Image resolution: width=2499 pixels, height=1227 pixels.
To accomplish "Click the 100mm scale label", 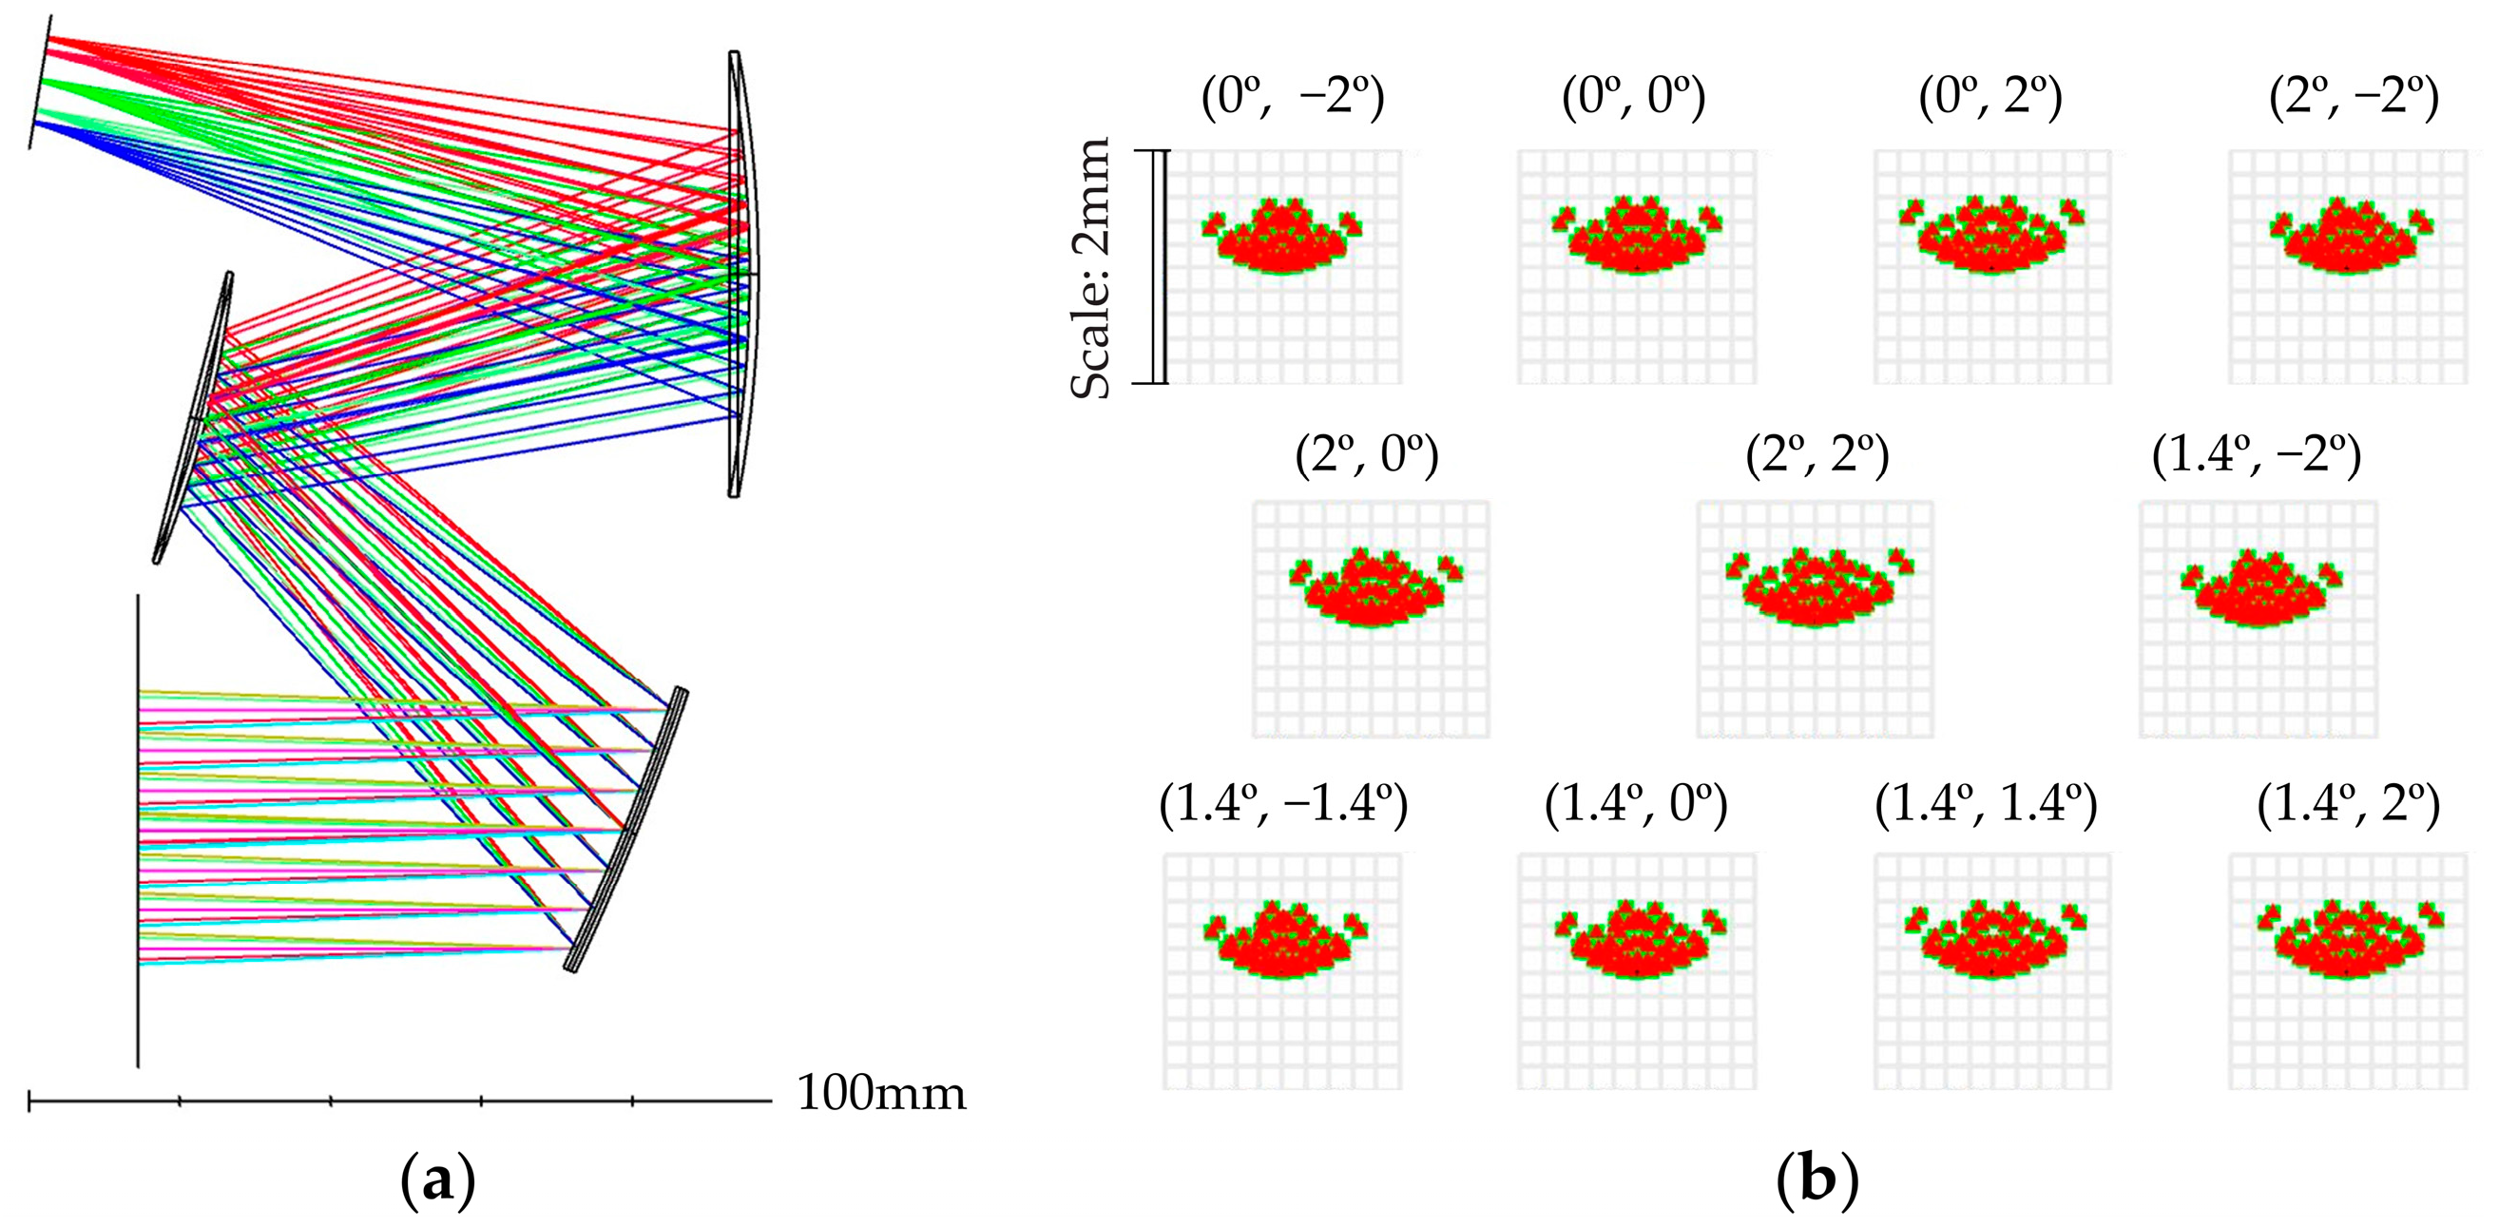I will click(x=881, y=1094).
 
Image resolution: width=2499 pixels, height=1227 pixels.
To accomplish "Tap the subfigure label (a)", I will click(x=437, y=1182).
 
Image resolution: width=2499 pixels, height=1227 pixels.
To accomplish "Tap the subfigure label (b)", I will click(x=1817, y=1182).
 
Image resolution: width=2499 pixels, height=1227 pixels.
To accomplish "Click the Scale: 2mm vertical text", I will click(x=1090, y=268).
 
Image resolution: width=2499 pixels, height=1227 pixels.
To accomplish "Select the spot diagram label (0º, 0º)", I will click(x=1634, y=98).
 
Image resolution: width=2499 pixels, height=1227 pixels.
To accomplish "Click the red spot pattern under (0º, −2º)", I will click(x=1280, y=239).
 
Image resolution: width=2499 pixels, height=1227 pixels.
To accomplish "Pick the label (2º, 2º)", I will click(x=1817, y=456).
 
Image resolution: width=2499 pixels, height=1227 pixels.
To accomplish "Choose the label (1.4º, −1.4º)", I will click(x=1282, y=804).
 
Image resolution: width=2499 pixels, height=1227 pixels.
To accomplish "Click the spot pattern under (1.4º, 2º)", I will click(x=2348, y=942).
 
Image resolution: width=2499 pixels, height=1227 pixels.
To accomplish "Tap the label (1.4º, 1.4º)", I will click(x=1986, y=804).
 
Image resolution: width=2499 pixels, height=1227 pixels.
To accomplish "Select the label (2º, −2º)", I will click(x=2354, y=98).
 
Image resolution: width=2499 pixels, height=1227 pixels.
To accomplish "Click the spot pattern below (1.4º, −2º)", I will click(x=2260, y=589).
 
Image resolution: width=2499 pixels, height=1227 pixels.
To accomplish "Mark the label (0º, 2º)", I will click(x=1990, y=98).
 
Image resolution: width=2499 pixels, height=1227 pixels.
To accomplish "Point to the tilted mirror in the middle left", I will click(x=194, y=417).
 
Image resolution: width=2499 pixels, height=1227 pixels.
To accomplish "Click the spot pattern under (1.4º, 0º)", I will click(x=1638, y=942).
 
